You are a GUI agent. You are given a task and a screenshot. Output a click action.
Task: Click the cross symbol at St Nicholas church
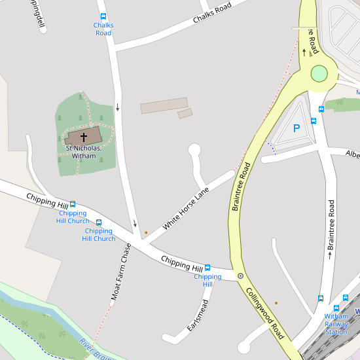(x=84, y=137)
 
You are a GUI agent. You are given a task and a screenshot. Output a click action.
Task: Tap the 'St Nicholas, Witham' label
(x=83, y=152)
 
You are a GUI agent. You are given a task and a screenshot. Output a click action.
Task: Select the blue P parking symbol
(x=297, y=129)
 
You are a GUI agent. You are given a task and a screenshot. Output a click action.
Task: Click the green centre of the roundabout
(x=319, y=73)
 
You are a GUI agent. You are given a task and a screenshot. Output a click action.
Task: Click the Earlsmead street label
(x=197, y=315)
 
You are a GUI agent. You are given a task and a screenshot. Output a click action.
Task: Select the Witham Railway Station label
(x=336, y=324)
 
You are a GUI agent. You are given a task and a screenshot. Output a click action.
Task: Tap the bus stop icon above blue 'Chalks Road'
(x=103, y=16)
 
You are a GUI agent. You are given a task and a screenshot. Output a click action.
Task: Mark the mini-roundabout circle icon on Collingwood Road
(x=240, y=276)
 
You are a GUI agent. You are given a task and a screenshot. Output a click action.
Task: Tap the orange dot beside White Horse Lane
(x=146, y=232)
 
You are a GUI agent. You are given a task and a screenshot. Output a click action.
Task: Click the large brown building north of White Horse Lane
(x=164, y=105)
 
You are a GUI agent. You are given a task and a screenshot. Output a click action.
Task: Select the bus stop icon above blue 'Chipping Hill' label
(x=207, y=268)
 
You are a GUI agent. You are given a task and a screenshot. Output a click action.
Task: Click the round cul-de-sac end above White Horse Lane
(x=194, y=150)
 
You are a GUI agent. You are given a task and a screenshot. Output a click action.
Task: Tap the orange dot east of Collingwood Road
(x=276, y=302)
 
